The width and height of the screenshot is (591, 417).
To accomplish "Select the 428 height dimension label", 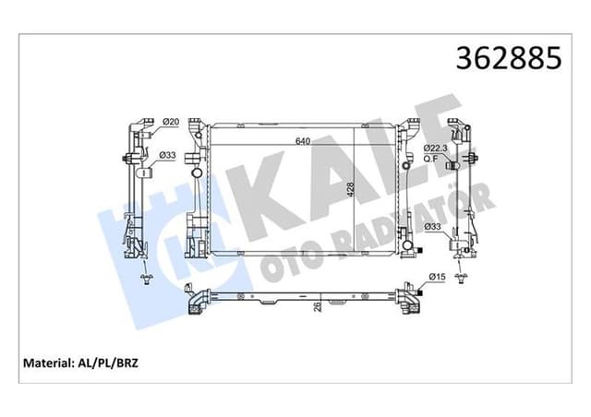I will pos(351,190).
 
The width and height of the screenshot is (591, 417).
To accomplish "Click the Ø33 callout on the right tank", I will pos(432,226).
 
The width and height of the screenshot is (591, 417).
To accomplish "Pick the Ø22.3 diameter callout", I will pos(436,148).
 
